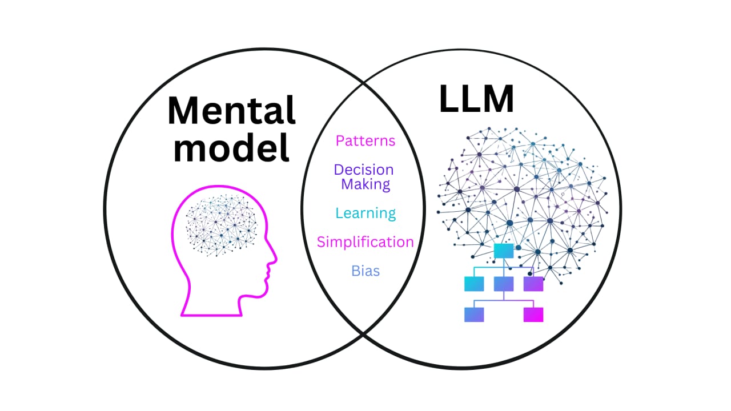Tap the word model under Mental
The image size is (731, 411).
tap(232, 148)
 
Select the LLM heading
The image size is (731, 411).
tap(476, 100)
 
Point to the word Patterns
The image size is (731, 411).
tap(365, 140)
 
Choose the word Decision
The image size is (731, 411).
tap(364, 170)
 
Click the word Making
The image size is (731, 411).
tap(366, 184)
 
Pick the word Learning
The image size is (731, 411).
tap(365, 213)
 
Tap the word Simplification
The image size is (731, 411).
tap(365, 241)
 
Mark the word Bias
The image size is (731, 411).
tap(365, 271)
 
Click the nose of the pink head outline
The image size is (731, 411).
tap(274, 260)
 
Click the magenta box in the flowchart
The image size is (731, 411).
tap(533, 315)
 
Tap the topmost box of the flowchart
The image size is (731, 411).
tap(504, 250)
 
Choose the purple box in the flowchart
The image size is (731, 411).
tap(533, 284)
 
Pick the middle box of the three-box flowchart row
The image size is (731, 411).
tap(504, 284)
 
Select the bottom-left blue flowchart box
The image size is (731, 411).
tap(474, 315)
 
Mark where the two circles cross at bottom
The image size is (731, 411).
tap(363, 336)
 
